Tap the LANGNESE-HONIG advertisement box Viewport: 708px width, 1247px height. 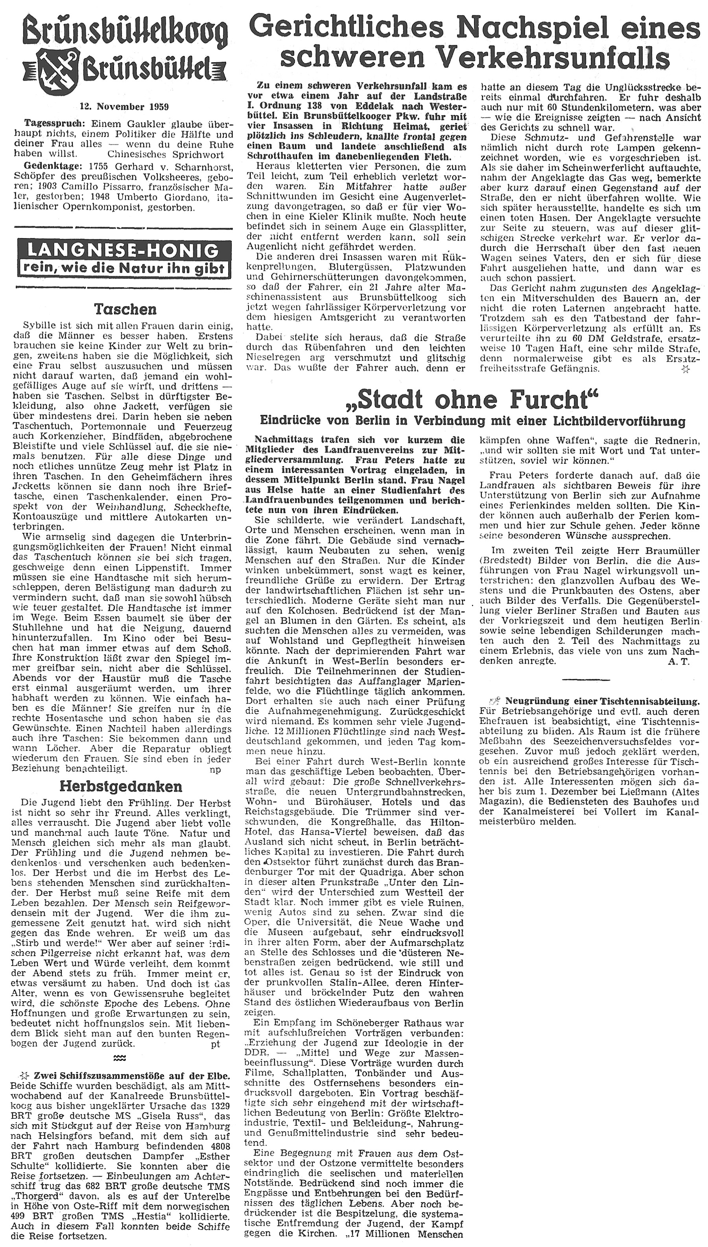click(x=123, y=258)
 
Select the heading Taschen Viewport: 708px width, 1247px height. click(x=125, y=309)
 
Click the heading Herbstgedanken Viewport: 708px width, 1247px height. click(x=121, y=786)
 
